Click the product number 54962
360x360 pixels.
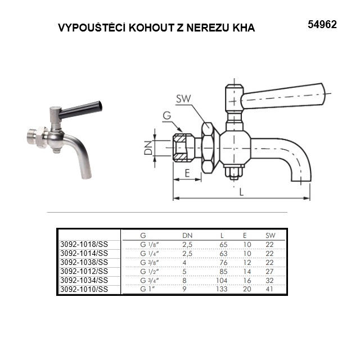coord(322,25)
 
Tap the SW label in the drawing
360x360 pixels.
coord(183,99)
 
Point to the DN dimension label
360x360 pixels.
coord(148,147)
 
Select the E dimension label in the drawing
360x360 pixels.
coord(187,173)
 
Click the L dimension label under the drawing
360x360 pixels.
coord(241,192)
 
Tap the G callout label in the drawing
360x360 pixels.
coord(167,115)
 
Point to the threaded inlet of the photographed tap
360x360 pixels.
coord(33,137)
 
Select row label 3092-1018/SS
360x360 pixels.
coord(84,244)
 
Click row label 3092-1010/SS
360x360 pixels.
coord(84,289)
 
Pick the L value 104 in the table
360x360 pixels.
coord(222,280)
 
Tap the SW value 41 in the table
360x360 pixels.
coord(269,289)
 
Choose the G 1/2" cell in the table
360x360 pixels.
coord(150,271)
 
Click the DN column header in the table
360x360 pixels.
coord(187,236)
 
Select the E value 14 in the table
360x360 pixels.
coord(247,272)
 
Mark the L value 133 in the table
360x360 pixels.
coord(222,289)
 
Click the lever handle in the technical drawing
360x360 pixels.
coord(283,96)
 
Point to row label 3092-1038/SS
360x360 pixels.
coord(84,262)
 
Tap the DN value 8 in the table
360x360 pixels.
coord(184,280)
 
